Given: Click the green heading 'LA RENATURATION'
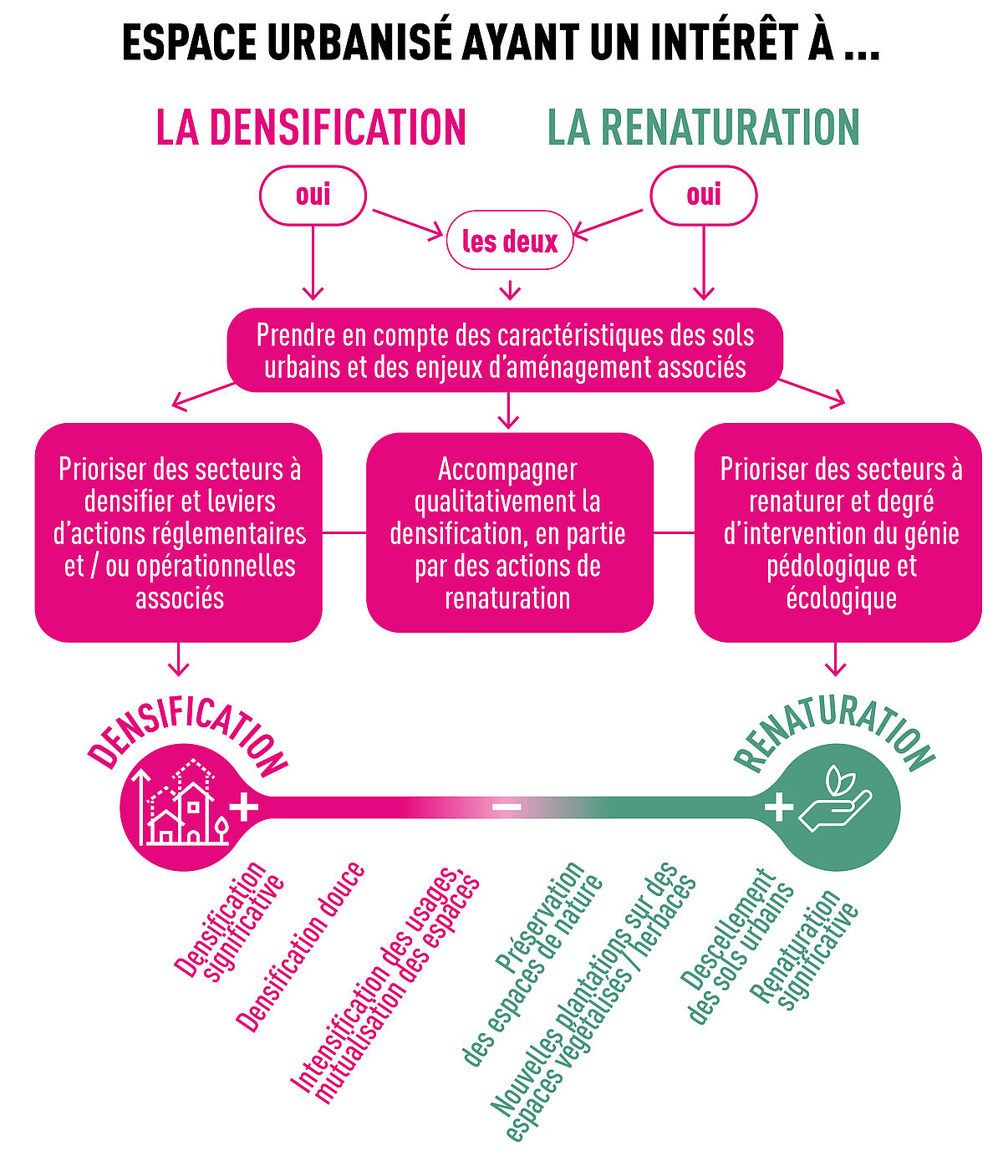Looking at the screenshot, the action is pyautogui.click(x=703, y=128).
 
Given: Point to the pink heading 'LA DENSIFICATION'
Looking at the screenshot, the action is pyautogui.click(x=311, y=128).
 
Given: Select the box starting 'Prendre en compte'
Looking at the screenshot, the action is pyautogui.click(x=505, y=349).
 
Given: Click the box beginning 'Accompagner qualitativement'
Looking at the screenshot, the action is pyautogui.click(x=509, y=532).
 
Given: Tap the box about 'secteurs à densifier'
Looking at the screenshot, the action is pyautogui.click(x=179, y=532).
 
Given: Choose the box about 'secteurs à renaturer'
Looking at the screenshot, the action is pyautogui.click(x=838, y=532).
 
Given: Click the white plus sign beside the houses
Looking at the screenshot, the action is pyautogui.click(x=244, y=807).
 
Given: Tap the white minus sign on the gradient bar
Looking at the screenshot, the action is pyautogui.click(x=507, y=807).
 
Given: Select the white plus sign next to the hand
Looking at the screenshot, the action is pyautogui.click(x=778, y=807).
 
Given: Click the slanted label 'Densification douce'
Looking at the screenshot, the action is pyautogui.click(x=300, y=947).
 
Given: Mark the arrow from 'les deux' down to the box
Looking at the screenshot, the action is pyautogui.click(x=510, y=290).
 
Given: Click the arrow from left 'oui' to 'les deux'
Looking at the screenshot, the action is pyautogui.click(x=408, y=224).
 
